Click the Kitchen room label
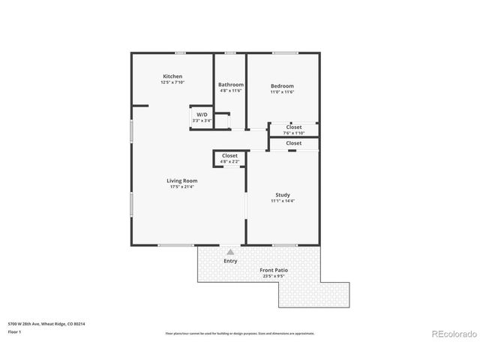[x=172, y=76]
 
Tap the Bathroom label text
[x=231, y=85]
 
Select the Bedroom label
[x=282, y=86]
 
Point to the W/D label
[x=202, y=115]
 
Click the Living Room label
[x=181, y=181]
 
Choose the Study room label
[x=283, y=195]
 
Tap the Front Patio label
[x=274, y=270]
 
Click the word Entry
[x=230, y=261]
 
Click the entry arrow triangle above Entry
[x=230, y=253]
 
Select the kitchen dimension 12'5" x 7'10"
[x=172, y=82]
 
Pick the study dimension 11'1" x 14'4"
[x=283, y=201]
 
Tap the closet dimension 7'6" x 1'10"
[x=294, y=133]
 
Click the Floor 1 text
[x=15, y=331]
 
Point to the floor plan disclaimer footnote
[x=240, y=332]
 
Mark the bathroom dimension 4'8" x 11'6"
[x=231, y=91]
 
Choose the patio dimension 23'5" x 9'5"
[x=274, y=276]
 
